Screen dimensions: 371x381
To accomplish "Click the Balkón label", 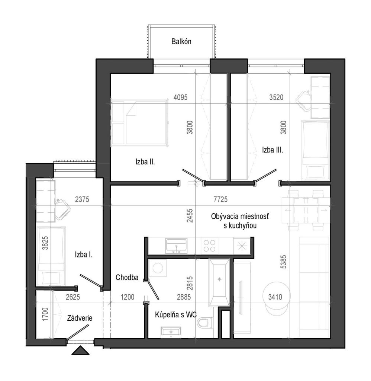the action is click(181, 42).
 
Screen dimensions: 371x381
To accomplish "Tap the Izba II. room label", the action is click(145, 161).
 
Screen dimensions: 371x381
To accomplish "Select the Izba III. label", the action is click(272, 150).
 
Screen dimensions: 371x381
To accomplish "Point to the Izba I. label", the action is click(84, 254).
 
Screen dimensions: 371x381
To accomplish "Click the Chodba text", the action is click(127, 277).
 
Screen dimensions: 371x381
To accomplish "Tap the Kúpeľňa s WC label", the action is click(176, 315).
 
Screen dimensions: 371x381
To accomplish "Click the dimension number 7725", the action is click(220, 199).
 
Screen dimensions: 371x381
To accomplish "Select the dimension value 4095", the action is click(180, 97).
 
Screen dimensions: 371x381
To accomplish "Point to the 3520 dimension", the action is click(276, 97).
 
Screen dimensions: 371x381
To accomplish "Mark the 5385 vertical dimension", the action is click(283, 262).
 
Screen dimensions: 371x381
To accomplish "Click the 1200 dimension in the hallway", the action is click(127, 297).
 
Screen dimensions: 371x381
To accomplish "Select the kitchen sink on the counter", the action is click(176, 246).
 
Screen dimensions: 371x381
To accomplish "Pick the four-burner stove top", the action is click(209, 246).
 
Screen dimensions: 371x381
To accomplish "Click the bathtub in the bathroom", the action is click(219, 283).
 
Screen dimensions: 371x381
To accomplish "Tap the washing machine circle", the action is click(157, 268).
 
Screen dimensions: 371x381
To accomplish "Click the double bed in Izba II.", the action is click(139, 123).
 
